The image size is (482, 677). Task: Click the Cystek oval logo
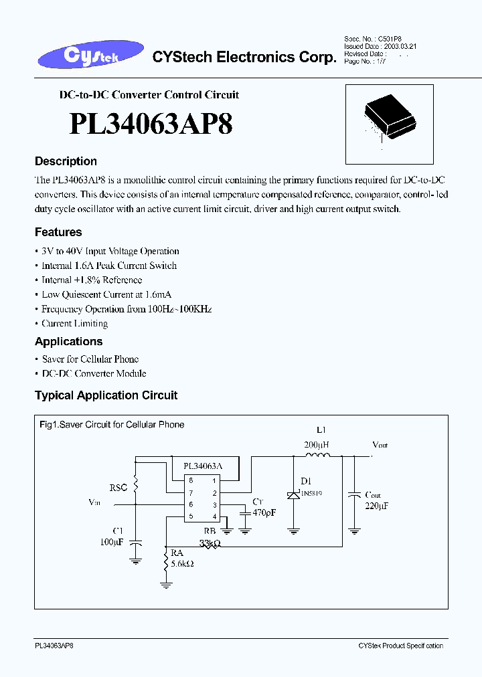[91, 56]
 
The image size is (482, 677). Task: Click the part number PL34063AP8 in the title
[151, 124]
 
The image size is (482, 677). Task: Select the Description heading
[66, 161]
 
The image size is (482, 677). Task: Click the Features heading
[58, 232]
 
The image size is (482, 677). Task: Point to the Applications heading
[68, 341]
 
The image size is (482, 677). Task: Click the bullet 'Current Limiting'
[74, 324]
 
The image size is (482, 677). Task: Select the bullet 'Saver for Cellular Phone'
[90, 359]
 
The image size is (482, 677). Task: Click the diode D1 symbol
[293, 494]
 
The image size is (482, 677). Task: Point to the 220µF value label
[376, 506]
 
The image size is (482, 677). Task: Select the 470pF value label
[264, 512]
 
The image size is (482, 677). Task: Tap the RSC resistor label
[118, 488]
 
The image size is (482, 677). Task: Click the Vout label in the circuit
[380, 445]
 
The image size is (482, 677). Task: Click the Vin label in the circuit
[95, 501]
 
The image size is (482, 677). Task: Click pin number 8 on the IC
[191, 480]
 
